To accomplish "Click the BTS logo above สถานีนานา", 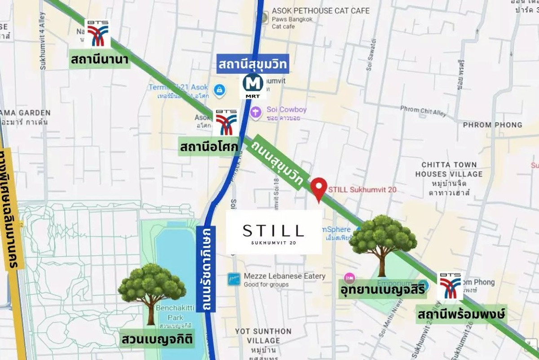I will (97, 34).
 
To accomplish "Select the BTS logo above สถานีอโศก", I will (226, 123).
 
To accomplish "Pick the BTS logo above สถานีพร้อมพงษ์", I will (450, 286).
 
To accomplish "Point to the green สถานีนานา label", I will (100, 60).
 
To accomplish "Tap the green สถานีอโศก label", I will (209, 147).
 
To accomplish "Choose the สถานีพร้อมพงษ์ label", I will (461, 313).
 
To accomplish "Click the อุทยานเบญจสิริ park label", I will (382, 290).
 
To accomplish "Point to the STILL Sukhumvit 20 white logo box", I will (274, 232).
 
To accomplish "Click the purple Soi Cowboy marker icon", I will (256, 112).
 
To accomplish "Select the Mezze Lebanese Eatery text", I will (284, 276).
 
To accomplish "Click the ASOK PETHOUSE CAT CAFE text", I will (321, 10).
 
